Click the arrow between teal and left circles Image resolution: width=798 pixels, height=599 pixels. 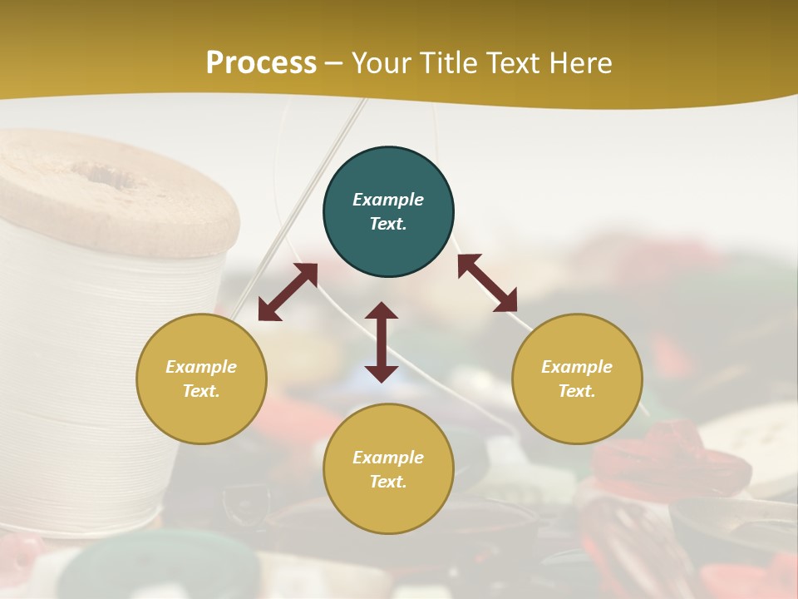[288, 292]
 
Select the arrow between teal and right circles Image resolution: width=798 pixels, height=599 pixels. [487, 283]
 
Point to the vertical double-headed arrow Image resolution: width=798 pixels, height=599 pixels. [382, 342]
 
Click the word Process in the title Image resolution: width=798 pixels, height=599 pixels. [261, 63]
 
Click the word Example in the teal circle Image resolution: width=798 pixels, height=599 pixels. [388, 200]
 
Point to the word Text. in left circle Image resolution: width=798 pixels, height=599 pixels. [201, 391]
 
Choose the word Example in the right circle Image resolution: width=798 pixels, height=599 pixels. [577, 367]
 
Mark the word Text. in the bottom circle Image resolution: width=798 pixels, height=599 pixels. [388, 482]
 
